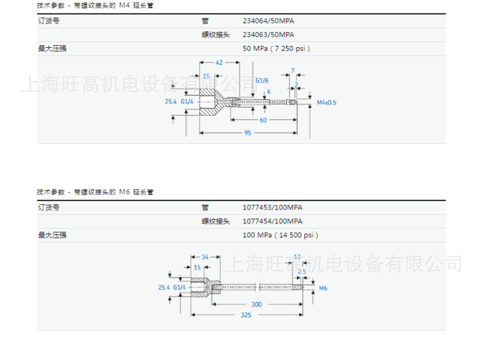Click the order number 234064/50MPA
[x=268, y=21]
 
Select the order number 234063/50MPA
[x=268, y=34]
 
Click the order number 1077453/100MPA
[x=272, y=207]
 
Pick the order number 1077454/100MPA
[x=272, y=221]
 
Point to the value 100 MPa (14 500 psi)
[x=280, y=235]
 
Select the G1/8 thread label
[x=262, y=80]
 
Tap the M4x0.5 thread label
[x=327, y=103]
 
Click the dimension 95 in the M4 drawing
[x=248, y=133]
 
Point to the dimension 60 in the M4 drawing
[x=263, y=120]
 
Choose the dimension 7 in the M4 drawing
[x=293, y=71]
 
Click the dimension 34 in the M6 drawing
[x=205, y=257]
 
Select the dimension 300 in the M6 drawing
[x=257, y=304]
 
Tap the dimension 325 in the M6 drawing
[x=246, y=315]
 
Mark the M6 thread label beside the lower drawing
[x=323, y=289]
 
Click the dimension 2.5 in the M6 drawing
[x=302, y=272]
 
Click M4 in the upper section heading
[x=124, y=5]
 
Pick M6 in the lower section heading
[x=124, y=192]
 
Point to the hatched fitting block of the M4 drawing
[x=209, y=104]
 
